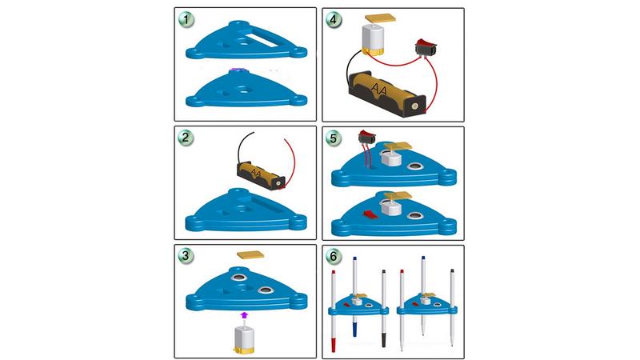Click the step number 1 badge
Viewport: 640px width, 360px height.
(186, 19)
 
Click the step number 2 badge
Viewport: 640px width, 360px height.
(186, 138)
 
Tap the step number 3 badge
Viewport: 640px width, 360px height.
(186, 256)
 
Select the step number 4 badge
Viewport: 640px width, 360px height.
(334, 19)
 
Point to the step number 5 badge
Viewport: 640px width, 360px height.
(334, 138)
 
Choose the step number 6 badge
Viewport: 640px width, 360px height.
(334, 256)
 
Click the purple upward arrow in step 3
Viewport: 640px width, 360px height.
(244, 314)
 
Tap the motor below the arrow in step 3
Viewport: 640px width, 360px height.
(244, 338)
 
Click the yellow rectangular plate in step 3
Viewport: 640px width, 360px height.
(250, 255)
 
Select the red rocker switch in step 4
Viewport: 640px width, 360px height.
(426, 48)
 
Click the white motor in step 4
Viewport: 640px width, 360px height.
(374, 39)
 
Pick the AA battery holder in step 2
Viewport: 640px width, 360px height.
(262, 175)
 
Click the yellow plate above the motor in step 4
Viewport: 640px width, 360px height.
(381, 18)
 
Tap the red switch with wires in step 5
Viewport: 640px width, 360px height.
(366, 137)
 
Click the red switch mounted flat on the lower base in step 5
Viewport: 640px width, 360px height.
(370, 214)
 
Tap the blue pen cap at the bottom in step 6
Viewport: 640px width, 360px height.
(355, 329)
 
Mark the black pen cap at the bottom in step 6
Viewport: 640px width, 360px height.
(384, 340)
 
